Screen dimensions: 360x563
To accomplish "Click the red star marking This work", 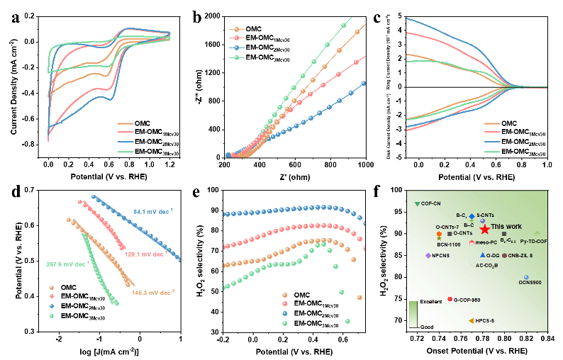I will [x=484, y=229].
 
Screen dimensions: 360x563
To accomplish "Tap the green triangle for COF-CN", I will [x=417, y=203].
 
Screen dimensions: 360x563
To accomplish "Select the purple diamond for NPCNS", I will [x=428, y=255].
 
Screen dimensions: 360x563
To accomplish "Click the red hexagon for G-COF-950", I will [x=450, y=299].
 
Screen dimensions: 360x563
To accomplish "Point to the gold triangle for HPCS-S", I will [x=472, y=321].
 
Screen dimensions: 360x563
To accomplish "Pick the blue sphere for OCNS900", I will [x=526, y=277].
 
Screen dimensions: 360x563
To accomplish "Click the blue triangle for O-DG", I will [x=482, y=255].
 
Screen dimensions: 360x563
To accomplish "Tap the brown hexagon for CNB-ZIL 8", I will [x=504, y=255].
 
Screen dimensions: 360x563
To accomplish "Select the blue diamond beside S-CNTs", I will [x=472, y=215].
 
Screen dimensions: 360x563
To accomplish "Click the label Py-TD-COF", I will [x=533, y=242].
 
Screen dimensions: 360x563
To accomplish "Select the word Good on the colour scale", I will [x=427, y=327].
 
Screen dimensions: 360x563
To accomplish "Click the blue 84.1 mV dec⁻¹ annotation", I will [x=153, y=210].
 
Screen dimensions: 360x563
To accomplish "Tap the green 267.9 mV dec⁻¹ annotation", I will [x=67, y=264].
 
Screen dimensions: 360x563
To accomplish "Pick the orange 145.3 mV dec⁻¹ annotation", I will [x=153, y=292].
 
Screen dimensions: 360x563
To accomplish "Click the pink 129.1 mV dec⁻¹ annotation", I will [x=140, y=254].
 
